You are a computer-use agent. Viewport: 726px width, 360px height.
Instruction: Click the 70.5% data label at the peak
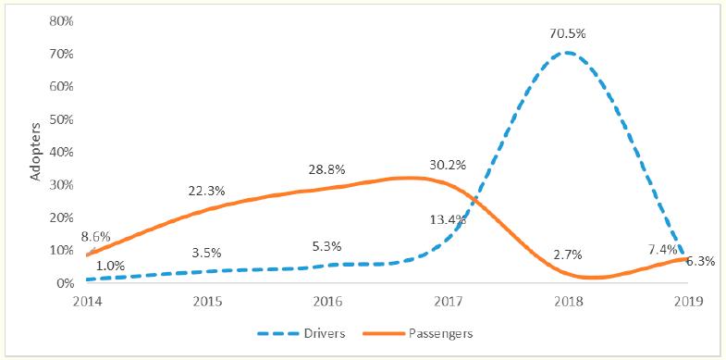click(567, 33)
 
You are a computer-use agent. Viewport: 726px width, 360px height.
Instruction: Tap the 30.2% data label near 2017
click(448, 165)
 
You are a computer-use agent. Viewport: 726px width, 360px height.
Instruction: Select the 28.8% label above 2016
click(327, 170)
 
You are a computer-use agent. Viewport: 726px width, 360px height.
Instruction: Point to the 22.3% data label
click(208, 190)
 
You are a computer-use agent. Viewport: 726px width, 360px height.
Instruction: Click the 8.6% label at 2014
click(95, 237)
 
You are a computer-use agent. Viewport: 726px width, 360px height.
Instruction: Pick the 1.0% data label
click(109, 265)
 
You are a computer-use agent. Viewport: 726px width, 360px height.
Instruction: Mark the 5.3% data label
click(327, 246)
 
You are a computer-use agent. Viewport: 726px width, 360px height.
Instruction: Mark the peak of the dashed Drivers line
click(565, 52)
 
